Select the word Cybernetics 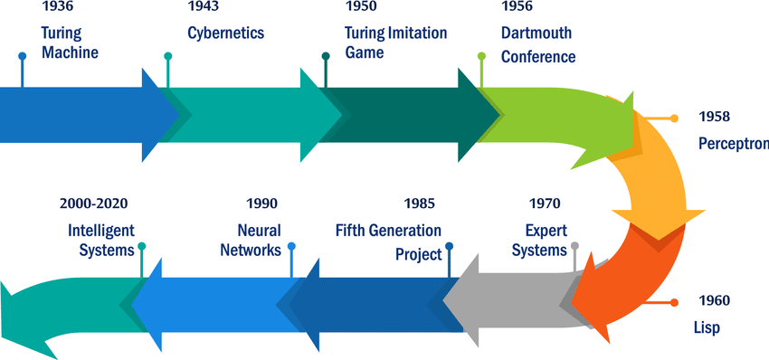point(226,33)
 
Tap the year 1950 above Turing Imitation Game point(362,6)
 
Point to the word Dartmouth point(536,33)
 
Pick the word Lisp point(707,327)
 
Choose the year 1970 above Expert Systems point(545,203)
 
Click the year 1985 point(419,203)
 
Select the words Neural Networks point(251,241)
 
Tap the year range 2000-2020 point(94,203)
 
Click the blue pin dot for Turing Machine point(22,56)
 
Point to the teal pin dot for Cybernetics point(167,56)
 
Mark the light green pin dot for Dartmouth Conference point(481,56)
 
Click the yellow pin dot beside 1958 point(674,118)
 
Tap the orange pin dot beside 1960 point(674,303)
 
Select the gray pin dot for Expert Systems point(574,246)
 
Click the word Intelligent point(101,231)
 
